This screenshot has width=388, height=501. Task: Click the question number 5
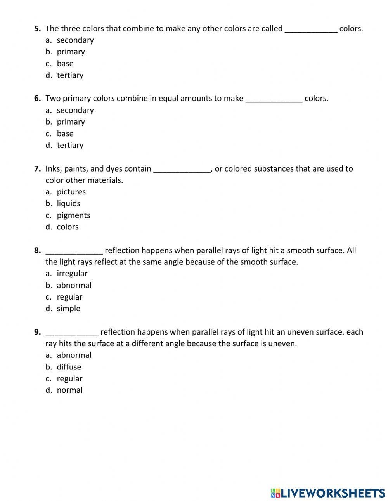pyautogui.click(x=37, y=28)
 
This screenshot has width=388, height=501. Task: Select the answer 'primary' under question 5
pyautogui.click(x=71, y=52)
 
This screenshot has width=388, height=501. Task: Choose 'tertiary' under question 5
pyautogui.click(x=70, y=75)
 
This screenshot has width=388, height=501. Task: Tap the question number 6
pyautogui.click(x=37, y=98)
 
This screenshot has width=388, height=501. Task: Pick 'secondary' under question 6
pyautogui.click(x=75, y=110)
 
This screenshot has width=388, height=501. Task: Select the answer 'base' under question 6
pyautogui.click(x=65, y=133)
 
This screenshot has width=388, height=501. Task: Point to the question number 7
pyautogui.click(x=37, y=168)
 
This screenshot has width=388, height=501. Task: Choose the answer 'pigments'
pyautogui.click(x=73, y=215)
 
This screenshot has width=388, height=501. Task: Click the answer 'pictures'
pyautogui.click(x=71, y=192)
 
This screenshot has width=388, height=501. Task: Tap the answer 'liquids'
pyautogui.click(x=68, y=203)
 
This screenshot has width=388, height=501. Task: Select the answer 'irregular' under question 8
pyautogui.click(x=72, y=274)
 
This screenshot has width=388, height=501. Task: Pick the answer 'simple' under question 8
pyautogui.click(x=68, y=309)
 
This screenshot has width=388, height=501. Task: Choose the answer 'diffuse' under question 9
pyautogui.click(x=69, y=367)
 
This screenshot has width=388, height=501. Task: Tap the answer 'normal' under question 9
pyautogui.click(x=69, y=390)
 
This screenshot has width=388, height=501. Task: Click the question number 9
pyautogui.click(x=37, y=332)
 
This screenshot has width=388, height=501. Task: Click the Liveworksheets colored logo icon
pyautogui.click(x=275, y=493)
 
